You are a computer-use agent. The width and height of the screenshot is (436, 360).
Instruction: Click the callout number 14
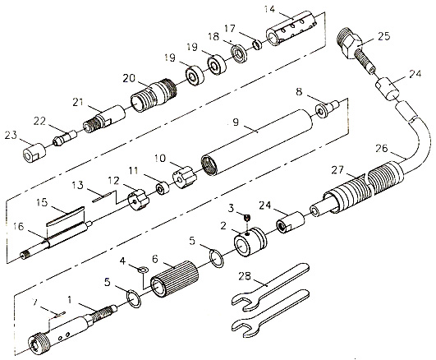click(269, 9)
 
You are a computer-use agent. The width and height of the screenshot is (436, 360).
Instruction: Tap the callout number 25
click(384, 36)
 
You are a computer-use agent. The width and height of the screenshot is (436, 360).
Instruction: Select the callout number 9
click(236, 122)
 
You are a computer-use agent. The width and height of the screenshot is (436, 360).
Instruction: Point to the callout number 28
click(245, 276)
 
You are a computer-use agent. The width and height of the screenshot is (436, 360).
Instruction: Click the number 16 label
click(19, 226)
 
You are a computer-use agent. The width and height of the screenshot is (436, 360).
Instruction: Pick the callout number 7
click(34, 302)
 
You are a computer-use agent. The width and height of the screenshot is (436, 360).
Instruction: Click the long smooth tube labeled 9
click(257, 142)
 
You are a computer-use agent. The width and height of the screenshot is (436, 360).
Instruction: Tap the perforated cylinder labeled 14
click(291, 28)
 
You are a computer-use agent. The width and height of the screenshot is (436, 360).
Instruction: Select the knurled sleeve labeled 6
click(174, 279)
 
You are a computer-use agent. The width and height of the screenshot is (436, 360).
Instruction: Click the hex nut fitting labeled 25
click(350, 43)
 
